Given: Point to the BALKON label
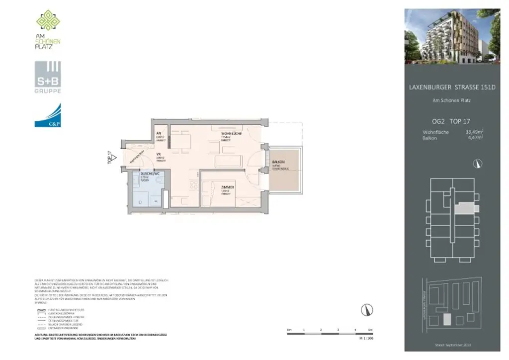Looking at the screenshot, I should [x=278, y=163].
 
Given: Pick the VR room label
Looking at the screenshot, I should [x=159, y=155].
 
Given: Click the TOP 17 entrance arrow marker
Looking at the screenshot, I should [x=113, y=157].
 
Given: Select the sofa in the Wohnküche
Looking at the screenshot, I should [x=229, y=162].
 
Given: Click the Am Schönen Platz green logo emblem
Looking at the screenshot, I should [x=48, y=20].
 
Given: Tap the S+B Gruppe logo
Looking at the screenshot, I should [x=48, y=77].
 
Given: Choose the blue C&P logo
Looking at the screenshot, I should [x=48, y=115].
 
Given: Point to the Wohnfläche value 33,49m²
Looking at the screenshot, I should [x=474, y=132].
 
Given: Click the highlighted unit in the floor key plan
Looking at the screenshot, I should [x=466, y=208].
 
